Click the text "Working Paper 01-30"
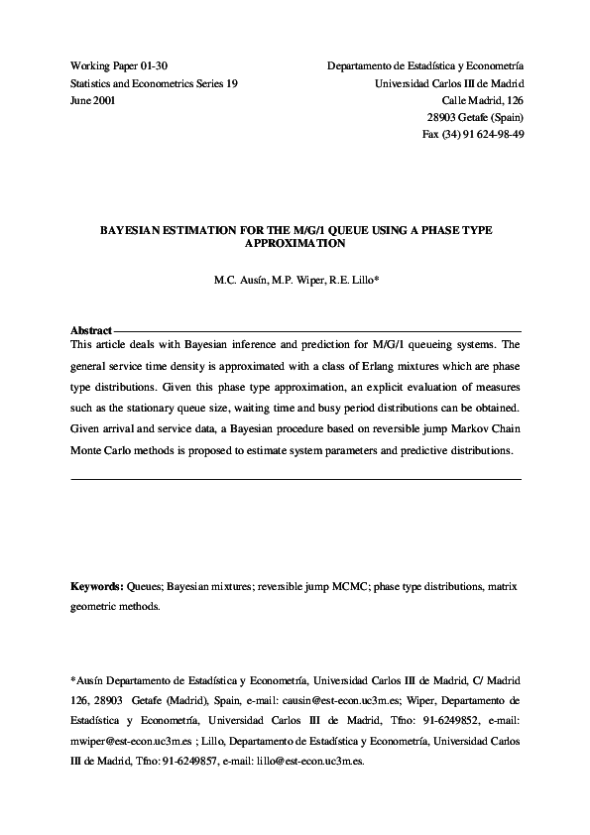[112, 64]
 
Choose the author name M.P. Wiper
[298, 281]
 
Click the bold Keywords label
[97, 586]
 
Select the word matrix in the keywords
[500, 586]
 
